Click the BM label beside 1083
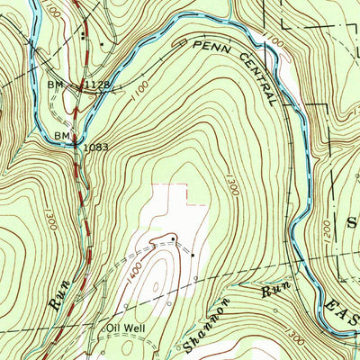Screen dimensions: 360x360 pos(62,135)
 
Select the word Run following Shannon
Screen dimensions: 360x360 pos(274,291)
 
